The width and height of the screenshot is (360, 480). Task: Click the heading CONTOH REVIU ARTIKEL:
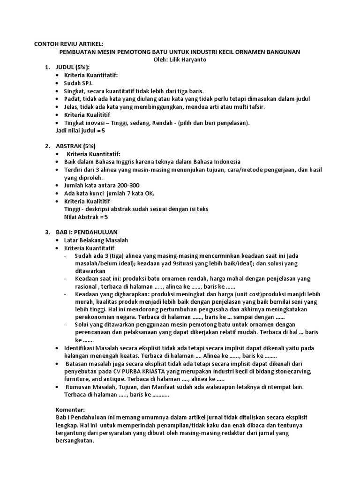click(x=68, y=44)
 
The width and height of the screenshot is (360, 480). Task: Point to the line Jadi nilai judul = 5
click(x=80, y=130)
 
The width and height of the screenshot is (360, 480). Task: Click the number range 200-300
click(x=127, y=185)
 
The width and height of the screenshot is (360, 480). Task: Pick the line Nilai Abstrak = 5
click(x=86, y=217)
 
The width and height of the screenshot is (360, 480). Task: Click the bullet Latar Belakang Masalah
click(x=96, y=240)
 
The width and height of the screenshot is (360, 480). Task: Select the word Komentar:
click(x=70, y=409)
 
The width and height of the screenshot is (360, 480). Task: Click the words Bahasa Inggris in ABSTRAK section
click(x=109, y=162)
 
